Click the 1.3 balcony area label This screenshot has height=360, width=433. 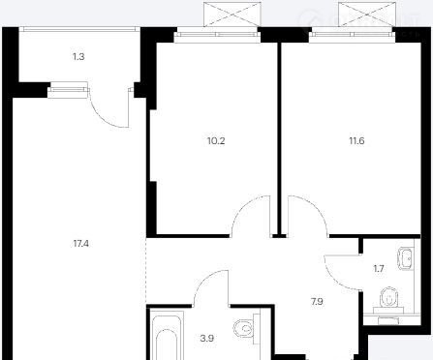click(x=78, y=57)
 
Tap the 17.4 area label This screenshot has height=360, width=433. click(x=81, y=244)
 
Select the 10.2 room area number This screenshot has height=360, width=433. click(x=216, y=140)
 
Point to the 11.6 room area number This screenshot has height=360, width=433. click(x=356, y=140)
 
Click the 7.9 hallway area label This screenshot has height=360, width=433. click(x=317, y=302)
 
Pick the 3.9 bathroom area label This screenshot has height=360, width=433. click(x=206, y=339)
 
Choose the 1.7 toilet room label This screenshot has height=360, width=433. click(x=379, y=268)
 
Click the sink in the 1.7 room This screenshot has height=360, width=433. click(x=406, y=258)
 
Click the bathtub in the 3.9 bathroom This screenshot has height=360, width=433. click(x=167, y=338)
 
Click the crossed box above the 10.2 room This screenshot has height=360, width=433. click(x=232, y=15)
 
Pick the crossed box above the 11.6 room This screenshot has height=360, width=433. click(x=367, y=15)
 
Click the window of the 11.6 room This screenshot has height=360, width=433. click(x=353, y=35)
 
